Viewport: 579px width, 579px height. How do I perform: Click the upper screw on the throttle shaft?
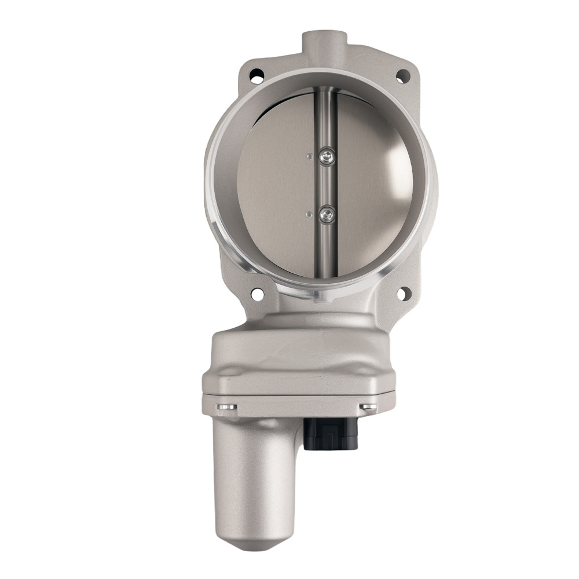pyautogui.click(x=328, y=155)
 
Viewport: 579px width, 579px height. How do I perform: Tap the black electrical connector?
pyautogui.click(x=331, y=434)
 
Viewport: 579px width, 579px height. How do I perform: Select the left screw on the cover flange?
pyautogui.click(x=228, y=408)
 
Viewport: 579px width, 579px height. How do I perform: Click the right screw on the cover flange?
pyautogui.click(x=368, y=408)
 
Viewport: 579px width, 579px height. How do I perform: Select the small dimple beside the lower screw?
pyautogui.click(x=310, y=214)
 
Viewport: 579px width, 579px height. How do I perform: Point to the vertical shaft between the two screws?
pyautogui.click(x=328, y=185)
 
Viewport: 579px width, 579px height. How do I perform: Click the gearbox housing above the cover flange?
pyautogui.click(x=298, y=353)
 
